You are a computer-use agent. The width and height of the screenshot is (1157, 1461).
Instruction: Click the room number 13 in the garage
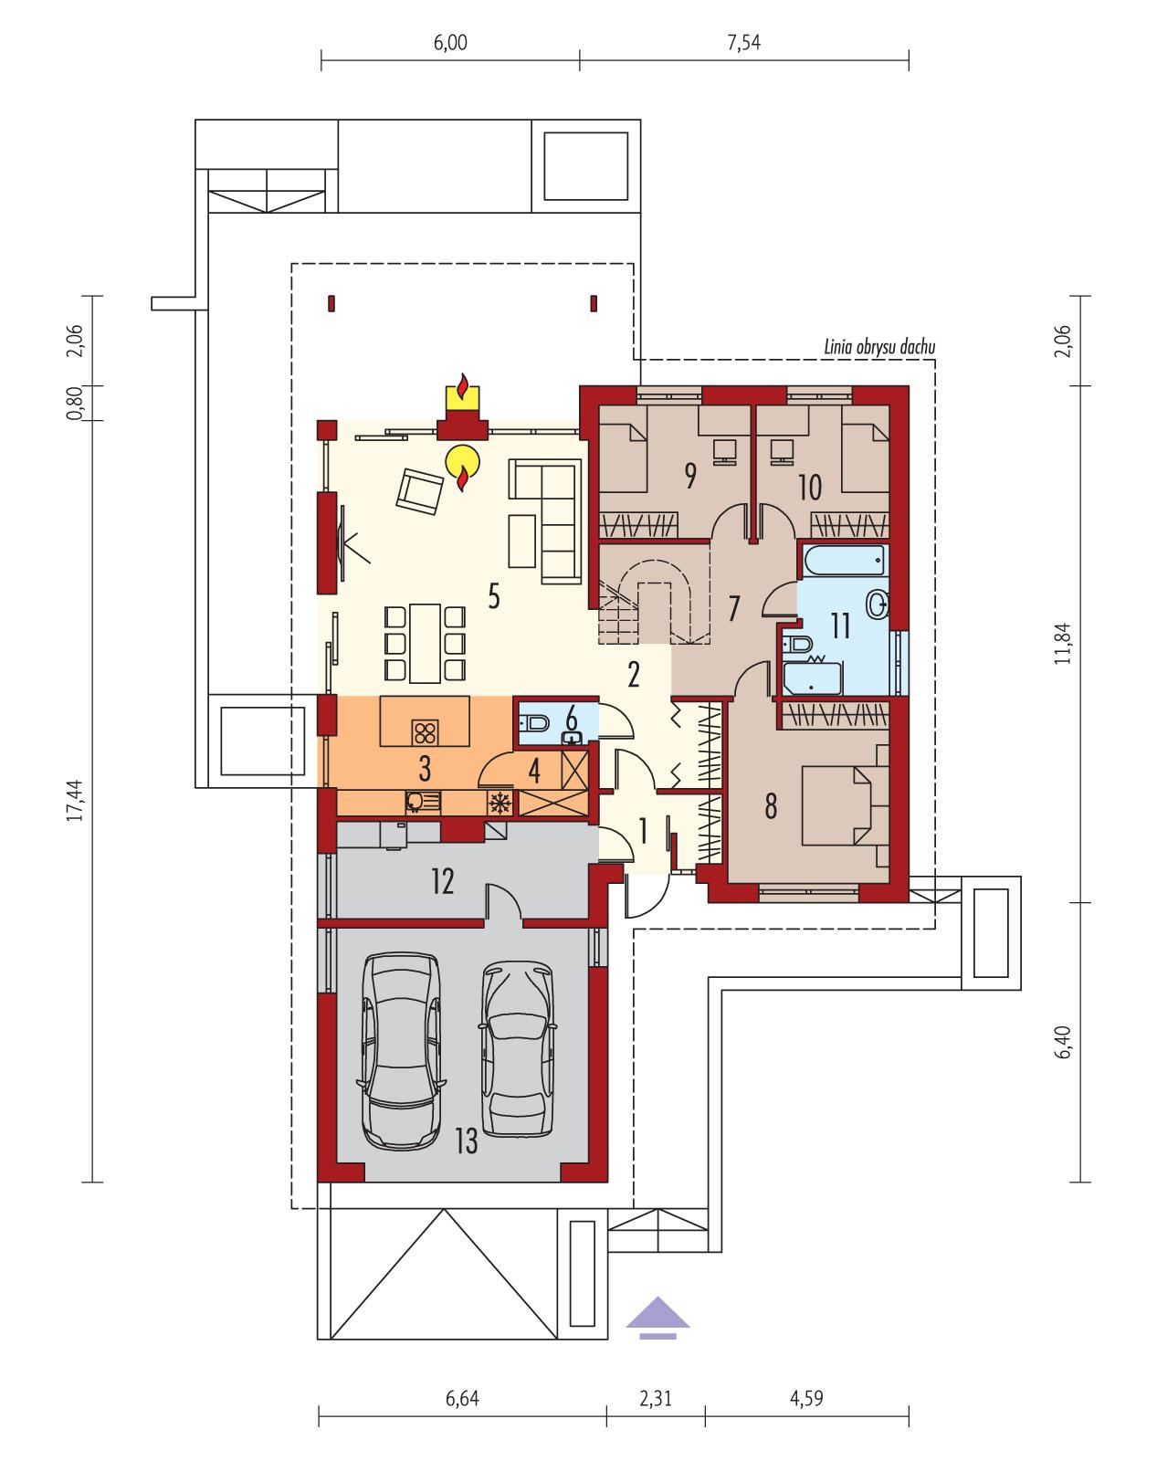click(x=466, y=1141)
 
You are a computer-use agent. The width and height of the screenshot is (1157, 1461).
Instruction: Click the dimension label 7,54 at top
click(x=744, y=43)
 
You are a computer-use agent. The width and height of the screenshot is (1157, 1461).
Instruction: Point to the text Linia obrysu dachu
click(x=878, y=347)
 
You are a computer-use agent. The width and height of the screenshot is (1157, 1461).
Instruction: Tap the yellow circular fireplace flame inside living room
click(x=462, y=462)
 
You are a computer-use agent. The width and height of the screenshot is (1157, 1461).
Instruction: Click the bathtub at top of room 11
click(x=843, y=560)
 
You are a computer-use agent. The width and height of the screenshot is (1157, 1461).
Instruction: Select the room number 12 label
click(x=442, y=882)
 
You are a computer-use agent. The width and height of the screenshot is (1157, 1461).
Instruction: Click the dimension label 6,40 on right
click(x=1061, y=1041)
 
